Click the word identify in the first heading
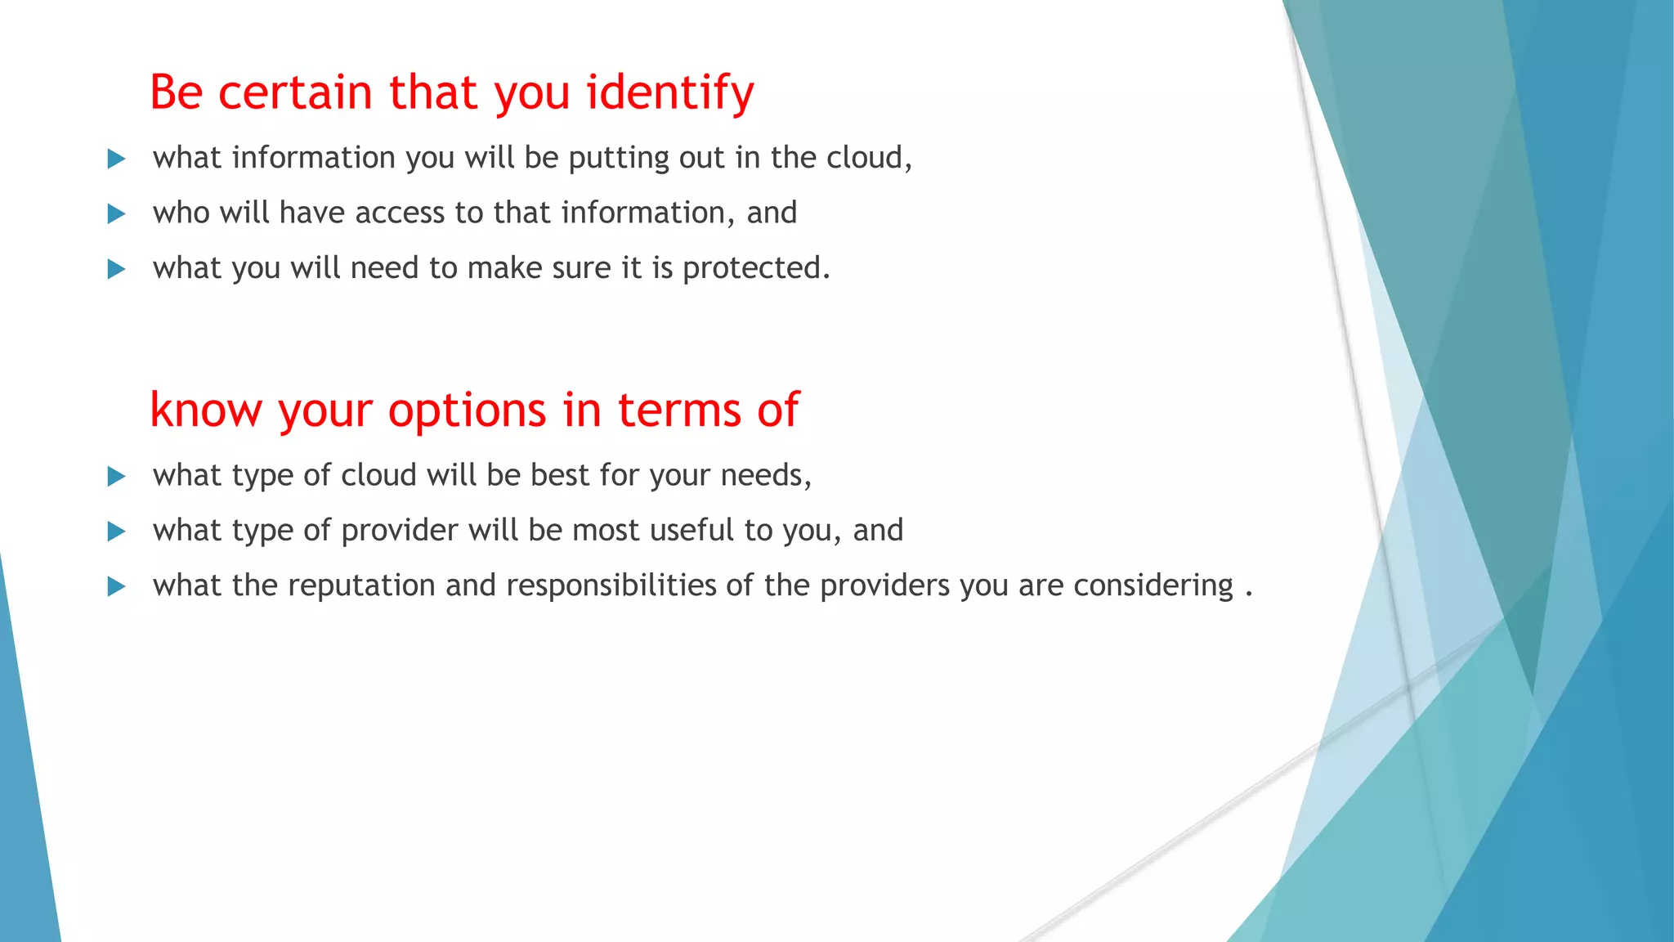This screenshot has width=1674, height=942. click(x=669, y=92)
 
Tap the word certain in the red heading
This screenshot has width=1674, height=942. click(x=295, y=92)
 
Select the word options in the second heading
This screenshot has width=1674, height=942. click(x=467, y=410)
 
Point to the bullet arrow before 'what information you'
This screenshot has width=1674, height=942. click(x=117, y=159)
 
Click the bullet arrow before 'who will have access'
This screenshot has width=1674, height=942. click(x=117, y=214)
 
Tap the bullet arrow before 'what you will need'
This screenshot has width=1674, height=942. click(x=117, y=269)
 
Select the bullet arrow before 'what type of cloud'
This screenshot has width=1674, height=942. click(x=117, y=477)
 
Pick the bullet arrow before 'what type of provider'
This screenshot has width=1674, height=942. click(x=117, y=532)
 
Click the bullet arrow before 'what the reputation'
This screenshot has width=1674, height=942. click(x=117, y=586)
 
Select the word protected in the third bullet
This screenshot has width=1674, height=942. click(x=755, y=268)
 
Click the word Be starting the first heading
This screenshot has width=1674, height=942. click(x=176, y=92)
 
